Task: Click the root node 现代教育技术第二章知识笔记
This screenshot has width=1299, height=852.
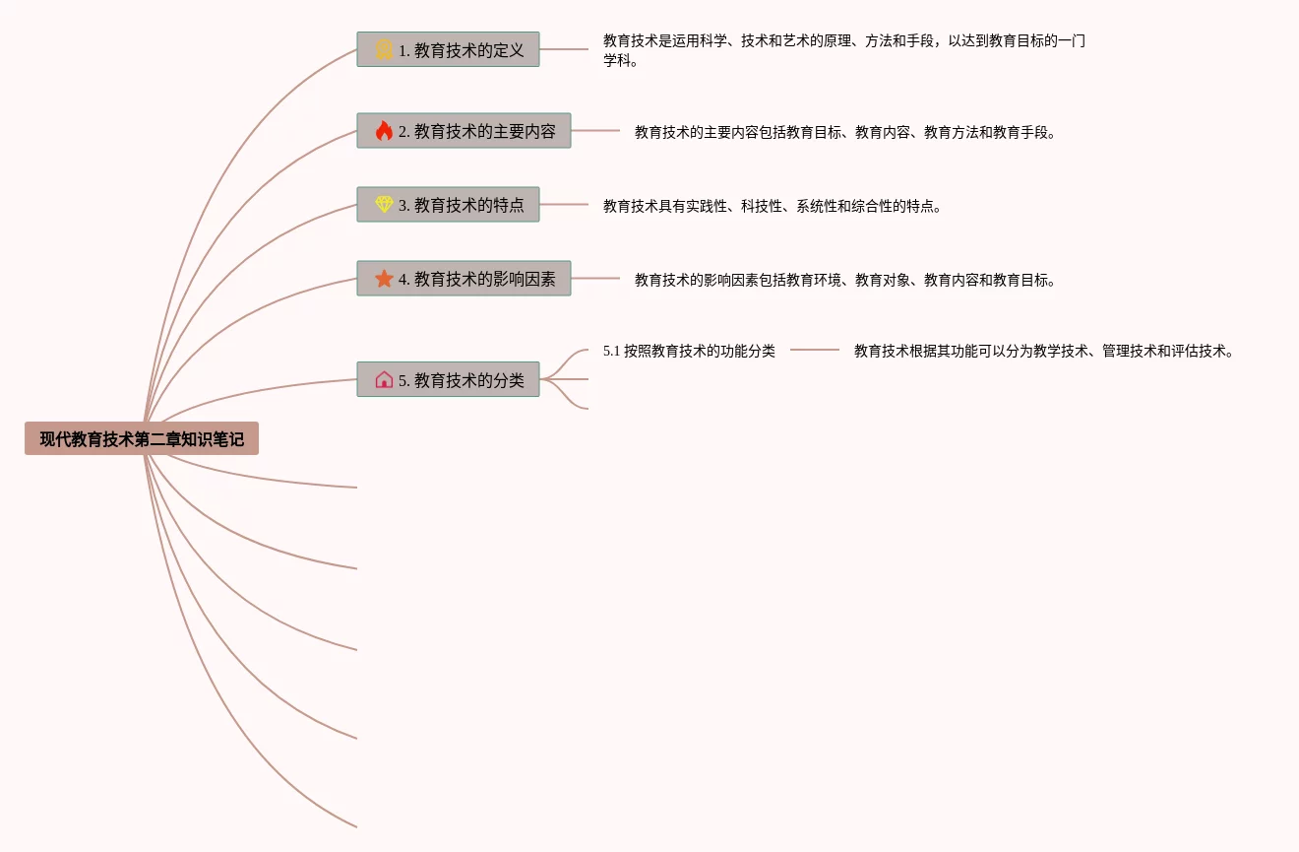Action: click(142, 439)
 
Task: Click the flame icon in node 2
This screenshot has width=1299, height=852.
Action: click(384, 131)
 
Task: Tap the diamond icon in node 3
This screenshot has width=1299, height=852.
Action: click(384, 205)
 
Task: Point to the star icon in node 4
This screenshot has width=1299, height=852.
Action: click(384, 279)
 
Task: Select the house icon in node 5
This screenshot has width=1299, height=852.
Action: click(384, 380)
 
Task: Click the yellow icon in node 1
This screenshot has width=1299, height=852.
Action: click(384, 50)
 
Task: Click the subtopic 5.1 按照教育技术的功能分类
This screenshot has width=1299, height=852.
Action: click(689, 351)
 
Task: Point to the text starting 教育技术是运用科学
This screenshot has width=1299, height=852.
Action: click(843, 50)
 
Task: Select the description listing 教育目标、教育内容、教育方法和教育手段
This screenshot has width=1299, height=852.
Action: click(844, 132)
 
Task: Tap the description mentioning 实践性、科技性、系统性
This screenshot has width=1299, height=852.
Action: click(772, 206)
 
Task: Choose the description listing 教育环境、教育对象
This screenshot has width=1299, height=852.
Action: click(844, 280)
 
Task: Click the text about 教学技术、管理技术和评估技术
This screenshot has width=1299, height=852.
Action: click(1043, 351)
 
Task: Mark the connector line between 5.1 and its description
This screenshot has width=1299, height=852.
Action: click(815, 350)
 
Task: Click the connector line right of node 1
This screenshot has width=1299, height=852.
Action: click(564, 49)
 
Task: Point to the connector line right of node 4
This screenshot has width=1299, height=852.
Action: click(595, 279)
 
